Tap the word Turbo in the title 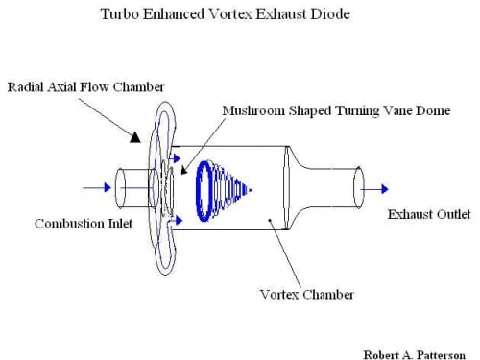(x=120, y=14)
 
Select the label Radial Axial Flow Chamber (x=85, y=87)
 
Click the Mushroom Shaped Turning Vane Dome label (x=336, y=111)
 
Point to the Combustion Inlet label (x=84, y=224)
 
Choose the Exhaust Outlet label (x=429, y=214)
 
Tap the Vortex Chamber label (x=306, y=295)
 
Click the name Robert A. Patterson (x=415, y=355)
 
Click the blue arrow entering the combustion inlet (x=97, y=188)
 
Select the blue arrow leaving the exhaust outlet (x=374, y=189)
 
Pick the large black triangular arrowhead (x=135, y=137)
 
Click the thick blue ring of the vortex (x=197, y=192)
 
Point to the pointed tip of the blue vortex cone (x=252, y=190)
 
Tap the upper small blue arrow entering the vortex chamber (x=175, y=158)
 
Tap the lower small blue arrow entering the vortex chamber (x=176, y=220)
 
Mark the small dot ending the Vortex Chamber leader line (x=270, y=220)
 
